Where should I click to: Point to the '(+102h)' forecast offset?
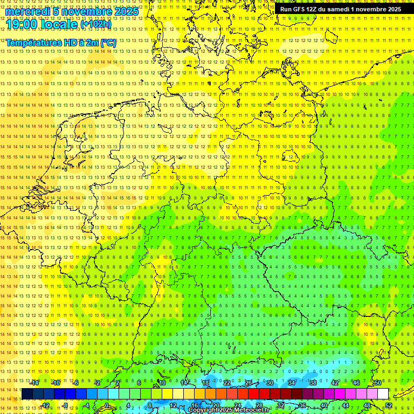96,24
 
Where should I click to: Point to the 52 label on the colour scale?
389,405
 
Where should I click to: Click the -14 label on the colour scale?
34,383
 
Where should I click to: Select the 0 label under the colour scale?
106,405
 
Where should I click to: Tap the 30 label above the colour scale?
270,383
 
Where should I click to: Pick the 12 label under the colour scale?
173,405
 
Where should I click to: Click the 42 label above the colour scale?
335,383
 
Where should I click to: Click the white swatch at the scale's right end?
383,394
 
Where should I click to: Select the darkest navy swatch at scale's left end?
27,394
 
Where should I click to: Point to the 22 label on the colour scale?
227,383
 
